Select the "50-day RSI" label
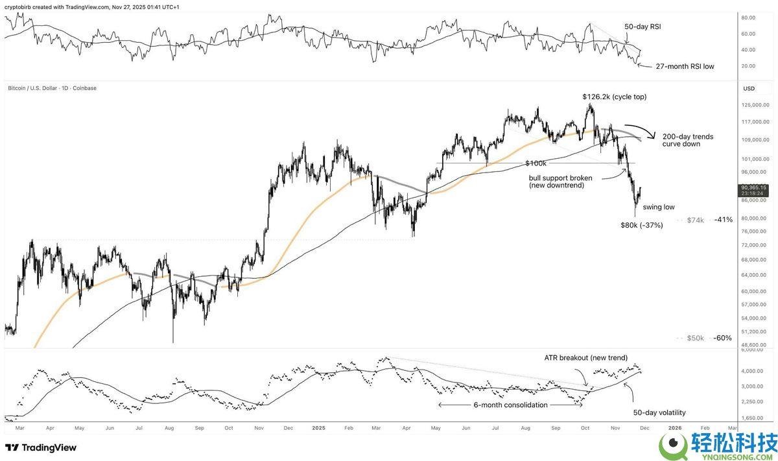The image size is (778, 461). coord(642,27)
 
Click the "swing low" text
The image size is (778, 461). coord(659,207)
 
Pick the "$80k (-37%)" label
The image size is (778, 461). coord(641,225)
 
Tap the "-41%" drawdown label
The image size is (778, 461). coord(723,220)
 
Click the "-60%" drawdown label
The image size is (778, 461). coord(723,338)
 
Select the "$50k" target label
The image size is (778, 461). coord(695,338)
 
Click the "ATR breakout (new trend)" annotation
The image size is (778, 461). coord(585,358)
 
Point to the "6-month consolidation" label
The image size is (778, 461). coord(510,405)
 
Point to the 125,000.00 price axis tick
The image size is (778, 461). coord(755,104)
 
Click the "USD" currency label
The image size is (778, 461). coord(749,88)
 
